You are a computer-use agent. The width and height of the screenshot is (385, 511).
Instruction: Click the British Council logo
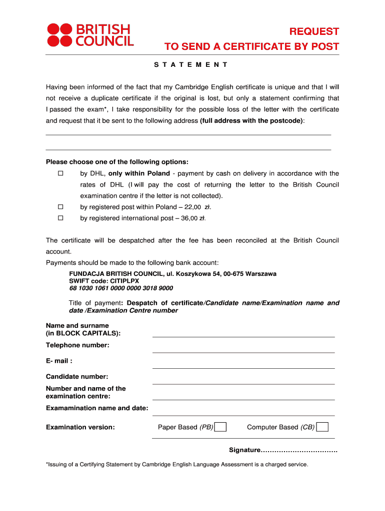(x=90, y=35)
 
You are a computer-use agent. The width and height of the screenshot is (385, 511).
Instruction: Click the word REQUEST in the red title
(x=314, y=31)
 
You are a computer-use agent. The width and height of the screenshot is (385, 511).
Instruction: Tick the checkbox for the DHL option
(x=60, y=174)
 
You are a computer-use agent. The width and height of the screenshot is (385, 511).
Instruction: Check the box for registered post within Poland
(x=60, y=207)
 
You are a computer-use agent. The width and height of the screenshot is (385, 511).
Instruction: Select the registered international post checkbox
(x=60, y=218)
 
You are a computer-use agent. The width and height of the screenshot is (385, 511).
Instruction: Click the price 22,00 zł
(x=190, y=207)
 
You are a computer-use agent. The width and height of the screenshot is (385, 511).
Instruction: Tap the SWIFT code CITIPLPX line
(x=104, y=281)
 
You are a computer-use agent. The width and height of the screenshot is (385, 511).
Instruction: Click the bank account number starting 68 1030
(x=121, y=288)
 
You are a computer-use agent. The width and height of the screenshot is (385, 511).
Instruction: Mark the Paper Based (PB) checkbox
(x=220, y=427)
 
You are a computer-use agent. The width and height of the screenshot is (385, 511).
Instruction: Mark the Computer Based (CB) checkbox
(x=323, y=427)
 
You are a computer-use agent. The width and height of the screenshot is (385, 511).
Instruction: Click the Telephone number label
(x=77, y=345)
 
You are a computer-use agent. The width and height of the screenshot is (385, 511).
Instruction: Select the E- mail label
(x=59, y=361)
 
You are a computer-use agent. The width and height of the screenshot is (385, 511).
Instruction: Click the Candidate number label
(x=77, y=377)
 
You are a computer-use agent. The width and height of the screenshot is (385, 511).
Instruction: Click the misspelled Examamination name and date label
(x=97, y=408)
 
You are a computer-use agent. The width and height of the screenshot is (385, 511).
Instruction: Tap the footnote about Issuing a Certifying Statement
(x=177, y=465)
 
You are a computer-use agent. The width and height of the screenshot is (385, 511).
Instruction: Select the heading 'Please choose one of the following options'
(x=117, y=162)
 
